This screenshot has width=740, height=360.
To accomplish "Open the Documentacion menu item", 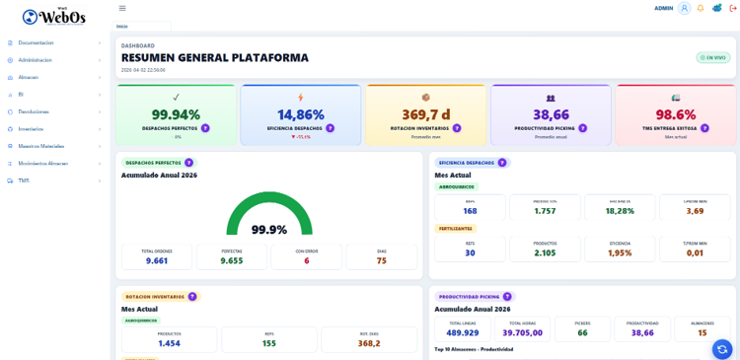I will point(36,42).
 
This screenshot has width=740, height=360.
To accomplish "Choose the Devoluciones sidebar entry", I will point(34,111).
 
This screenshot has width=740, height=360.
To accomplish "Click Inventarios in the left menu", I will point(31,129).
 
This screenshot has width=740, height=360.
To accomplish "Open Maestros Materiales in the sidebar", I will point(40,146).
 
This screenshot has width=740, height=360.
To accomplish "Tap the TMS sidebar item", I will point(24,180).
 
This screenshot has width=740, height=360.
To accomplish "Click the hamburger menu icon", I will point(122,8).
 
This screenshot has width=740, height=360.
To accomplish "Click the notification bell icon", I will point(701,8).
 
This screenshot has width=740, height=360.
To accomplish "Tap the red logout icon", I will point(733,8).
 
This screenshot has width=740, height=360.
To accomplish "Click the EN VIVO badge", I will point(712,57).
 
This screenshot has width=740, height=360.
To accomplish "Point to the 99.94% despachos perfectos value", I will point(176,114).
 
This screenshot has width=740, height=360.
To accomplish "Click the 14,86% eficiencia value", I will point(300,114).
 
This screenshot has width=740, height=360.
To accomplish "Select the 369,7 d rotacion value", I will point(425,114).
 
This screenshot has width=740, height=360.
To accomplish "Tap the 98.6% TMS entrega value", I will point(675,114).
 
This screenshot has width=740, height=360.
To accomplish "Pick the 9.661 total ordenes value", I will point(157,260).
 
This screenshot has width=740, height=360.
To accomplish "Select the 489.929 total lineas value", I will point(463,332).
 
